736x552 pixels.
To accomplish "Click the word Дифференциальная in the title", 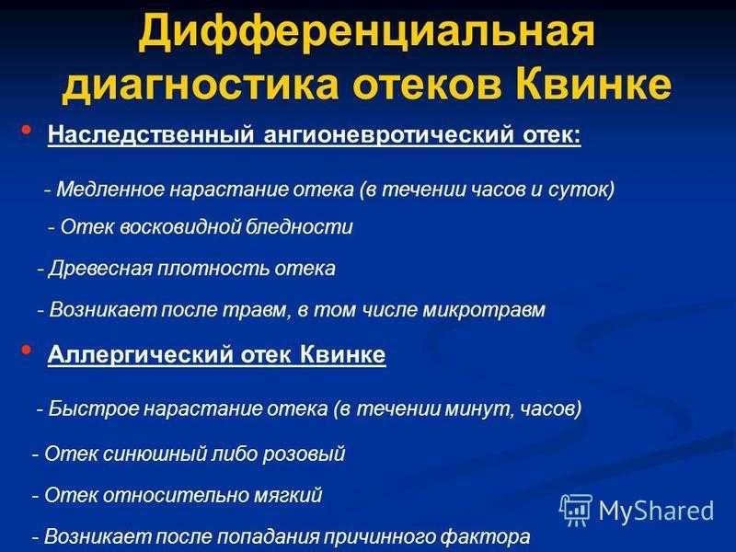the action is (x=366, y=31).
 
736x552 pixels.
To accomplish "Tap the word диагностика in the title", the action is (x=201, y=85).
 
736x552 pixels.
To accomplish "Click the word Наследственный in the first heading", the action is (x=151, y=135).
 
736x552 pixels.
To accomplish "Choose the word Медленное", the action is (x=110, y=190).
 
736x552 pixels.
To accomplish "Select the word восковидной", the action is (x=180, y=226).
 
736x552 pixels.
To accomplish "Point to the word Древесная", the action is (x=100, y=269).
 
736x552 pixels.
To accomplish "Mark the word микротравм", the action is (x=484, y=310).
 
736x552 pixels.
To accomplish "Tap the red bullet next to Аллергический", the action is (x=27, y=350).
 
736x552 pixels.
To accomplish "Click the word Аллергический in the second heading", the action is (x=140, y=354).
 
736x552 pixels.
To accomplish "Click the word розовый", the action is (x=304, y=454).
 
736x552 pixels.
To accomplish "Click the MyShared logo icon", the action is (x=576, y=510).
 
